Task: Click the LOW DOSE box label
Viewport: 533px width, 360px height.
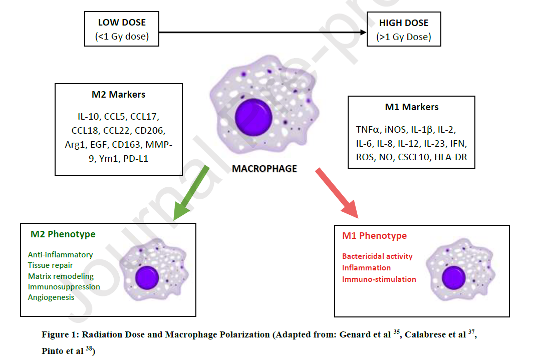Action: coord(122,23)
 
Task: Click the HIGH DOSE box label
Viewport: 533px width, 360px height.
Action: coord(403,23)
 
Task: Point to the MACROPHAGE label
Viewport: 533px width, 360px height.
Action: coord(264,169)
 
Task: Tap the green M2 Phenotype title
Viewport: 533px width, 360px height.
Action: coord(63,234)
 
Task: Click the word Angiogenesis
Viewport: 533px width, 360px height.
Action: coord(51,297)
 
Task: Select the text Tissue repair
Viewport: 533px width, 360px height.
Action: coord(50,265)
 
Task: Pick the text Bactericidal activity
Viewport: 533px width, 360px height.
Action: coord(377,256)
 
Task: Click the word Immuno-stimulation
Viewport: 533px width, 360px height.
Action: coord(379,279)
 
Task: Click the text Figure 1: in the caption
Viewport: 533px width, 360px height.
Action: coord(60,335)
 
